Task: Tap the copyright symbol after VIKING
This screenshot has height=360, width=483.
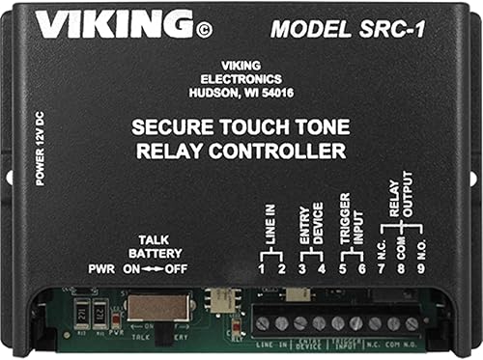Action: (203, 29)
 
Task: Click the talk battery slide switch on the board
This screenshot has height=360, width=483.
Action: (150, 308)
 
